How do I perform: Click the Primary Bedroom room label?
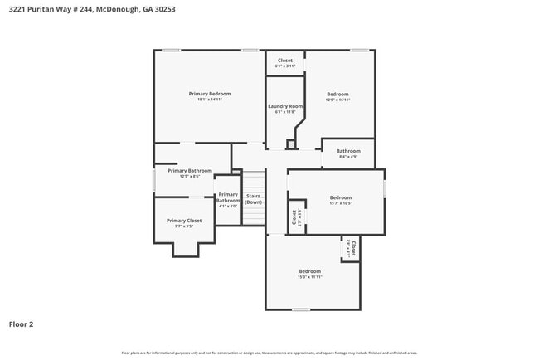click(x=209, y=94)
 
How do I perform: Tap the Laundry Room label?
click(x=284, y=106)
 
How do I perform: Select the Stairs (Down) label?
click(x=254, y=199)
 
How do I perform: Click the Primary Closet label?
click(x=183, y=221)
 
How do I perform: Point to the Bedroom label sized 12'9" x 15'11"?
click(x=337, y=94)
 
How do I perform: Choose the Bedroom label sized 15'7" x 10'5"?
click(x=340, y=197)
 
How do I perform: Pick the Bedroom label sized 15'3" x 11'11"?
click(x=309, y=271)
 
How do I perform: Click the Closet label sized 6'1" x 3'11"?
click(x=284, y=61)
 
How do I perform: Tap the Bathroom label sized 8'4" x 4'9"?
click(x=348, y=151)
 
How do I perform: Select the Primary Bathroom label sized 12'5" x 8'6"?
click(x=184, y=171)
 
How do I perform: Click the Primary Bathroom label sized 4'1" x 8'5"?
click(x=228, y=197)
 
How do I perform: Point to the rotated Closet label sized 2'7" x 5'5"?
click(x=294, y=216)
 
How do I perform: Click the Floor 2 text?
click(x=21, y=324)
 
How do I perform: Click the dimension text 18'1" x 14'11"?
click(x=209, y=100)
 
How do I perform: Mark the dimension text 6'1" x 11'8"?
click(x=284, y=112)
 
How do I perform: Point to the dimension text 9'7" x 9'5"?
click(x=183, y=226)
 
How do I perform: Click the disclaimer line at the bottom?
click(x=269, y=353)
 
